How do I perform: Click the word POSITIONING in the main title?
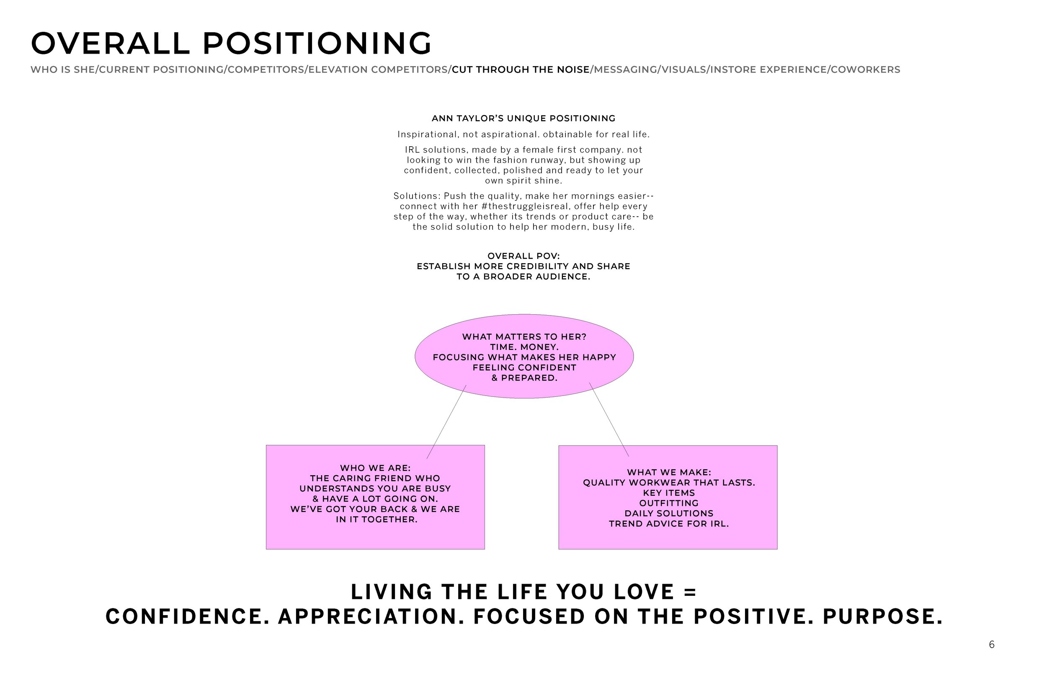pyautogui.click(x=317, y=43)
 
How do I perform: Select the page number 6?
pyautogui.click(x=992, y=644)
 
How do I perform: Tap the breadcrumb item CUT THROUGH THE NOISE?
pyautogui.click(x=521, y=70)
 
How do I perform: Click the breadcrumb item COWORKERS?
pyautogui.click(x=865, y=70)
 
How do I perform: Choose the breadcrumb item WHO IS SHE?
pyautogui.click(x=62, y=70)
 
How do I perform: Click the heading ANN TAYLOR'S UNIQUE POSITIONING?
pyautogui.click(x=523, y=119)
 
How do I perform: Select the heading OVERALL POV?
pyautogui.click(x=523, y=256)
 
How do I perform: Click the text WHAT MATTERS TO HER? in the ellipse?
pyautogui.click(x=524, y=337)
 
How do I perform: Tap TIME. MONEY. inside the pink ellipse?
pyautogui.click(x=524, y=347)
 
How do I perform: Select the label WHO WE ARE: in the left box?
pyautogui.click(x=375, y=468)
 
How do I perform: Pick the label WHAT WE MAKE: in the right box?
pyautogui.click(x=669, y=472)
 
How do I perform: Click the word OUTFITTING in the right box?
pyautogui.click(x=669, y=503)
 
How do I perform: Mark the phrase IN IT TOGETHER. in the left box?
pyautogui.click(x=377, y=520)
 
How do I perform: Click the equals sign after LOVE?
pyautogui.click(x=690, y=592)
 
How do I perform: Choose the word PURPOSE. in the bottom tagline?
pyautogui.click(x=882, y=617)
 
